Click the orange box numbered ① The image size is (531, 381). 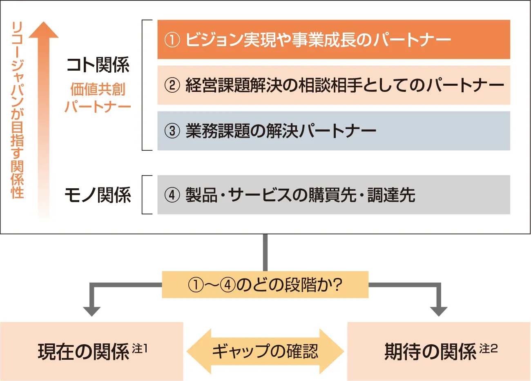[334, 40]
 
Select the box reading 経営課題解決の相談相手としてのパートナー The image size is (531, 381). [334, 85]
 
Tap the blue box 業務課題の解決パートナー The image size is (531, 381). [334, 131]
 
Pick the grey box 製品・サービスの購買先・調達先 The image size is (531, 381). [334, 195]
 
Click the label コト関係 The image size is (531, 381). [98, 65]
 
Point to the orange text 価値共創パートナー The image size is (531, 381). [98, 98]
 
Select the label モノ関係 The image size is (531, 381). [98, 195]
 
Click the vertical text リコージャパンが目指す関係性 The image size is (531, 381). [18, 110]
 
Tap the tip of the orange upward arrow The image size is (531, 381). [44, 25]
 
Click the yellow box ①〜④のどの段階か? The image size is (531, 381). [265, 285]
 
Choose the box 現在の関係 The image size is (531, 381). [91, 351]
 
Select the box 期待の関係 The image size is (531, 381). [439, 351]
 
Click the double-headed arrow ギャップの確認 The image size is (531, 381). [265, 351]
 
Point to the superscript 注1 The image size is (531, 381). [140, 349]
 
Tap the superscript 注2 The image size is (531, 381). [489, 349]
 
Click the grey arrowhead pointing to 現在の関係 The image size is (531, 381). [92, 311]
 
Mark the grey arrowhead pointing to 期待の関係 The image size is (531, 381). [439, 311]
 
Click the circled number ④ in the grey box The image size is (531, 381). [172, 195]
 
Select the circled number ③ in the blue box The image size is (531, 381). [172, 131]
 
